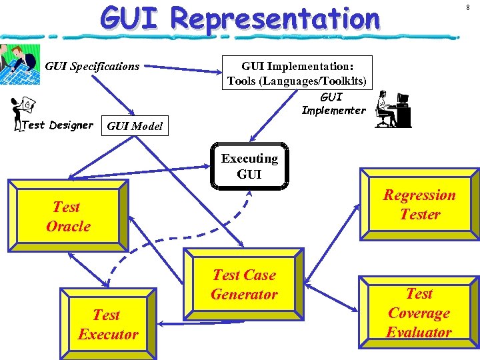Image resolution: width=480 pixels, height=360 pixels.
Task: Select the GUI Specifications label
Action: click(x=92, y=66)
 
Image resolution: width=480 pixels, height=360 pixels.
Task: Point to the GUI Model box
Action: click(x=134, y=125)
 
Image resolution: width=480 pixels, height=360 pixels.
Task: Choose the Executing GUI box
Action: click(x=249, y=166)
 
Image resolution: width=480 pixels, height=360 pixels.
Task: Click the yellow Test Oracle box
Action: click(x=68, y=216)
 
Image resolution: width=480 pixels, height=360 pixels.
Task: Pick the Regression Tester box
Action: click(x=419, y=205)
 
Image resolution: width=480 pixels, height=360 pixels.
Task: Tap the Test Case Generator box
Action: click(x=244, y=285)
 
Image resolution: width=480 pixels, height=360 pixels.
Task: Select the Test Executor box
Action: click(x=108, y=325)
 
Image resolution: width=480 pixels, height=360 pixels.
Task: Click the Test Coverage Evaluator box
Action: click(x=419, y=312)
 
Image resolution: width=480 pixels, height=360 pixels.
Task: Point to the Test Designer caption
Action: click(x=57, y=125)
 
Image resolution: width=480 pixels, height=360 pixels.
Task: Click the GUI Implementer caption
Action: click(x=333, y=104)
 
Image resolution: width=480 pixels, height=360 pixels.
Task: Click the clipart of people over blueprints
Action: click(x=19, y=65)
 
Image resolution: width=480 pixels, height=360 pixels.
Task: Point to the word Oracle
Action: click(x=68, y=226)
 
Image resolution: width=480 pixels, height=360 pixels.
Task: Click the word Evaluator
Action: click(x=419, y=332)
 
